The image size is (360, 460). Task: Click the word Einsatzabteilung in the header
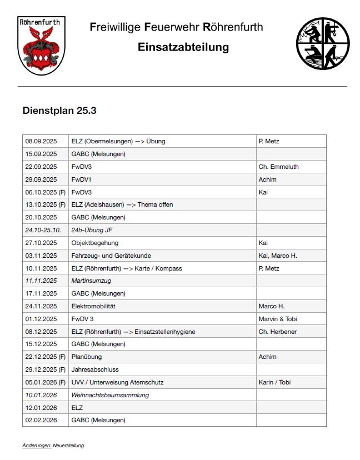point(183,47)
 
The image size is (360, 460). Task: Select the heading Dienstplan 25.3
point(59,111)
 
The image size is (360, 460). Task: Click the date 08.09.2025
point(41,141)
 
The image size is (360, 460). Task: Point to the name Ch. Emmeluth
point(278,167)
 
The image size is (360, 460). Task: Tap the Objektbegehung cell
point(95,243)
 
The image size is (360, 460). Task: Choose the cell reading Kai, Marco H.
point(278,256)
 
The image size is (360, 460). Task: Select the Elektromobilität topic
point(93,306)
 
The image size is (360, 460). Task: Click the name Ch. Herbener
point(277,332)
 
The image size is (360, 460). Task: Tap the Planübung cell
point(87,357)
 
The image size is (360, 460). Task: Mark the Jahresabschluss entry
point(95,369)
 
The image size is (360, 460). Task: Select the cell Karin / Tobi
point(274,382)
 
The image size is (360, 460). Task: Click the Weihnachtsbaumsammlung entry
point(110,395)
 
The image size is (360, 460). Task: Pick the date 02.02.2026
point(41,420)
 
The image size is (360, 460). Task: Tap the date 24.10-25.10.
point(43,230)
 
